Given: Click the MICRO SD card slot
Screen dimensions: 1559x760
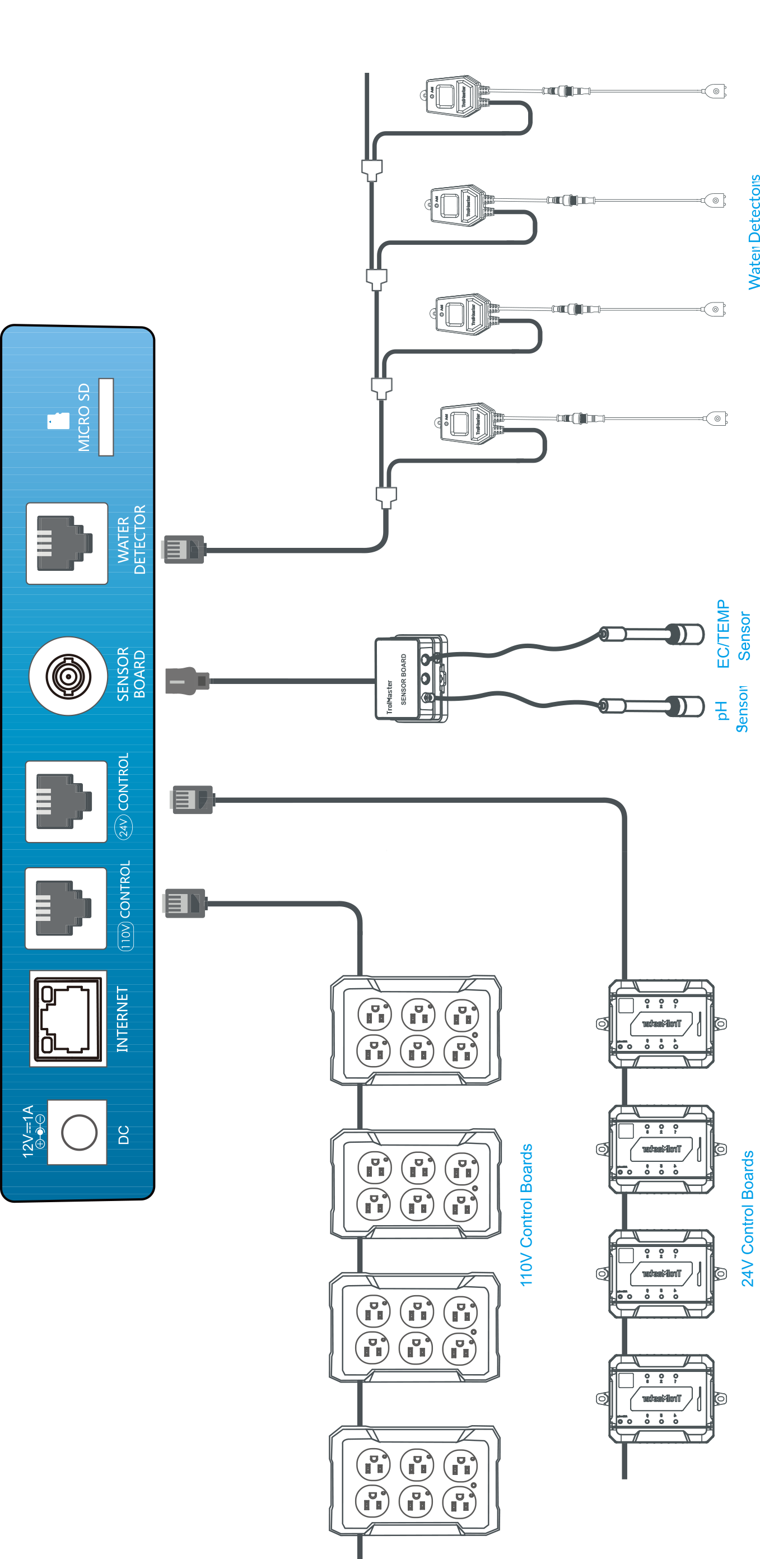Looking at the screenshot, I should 106,417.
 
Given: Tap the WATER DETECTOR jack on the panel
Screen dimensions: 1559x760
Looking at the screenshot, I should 67,543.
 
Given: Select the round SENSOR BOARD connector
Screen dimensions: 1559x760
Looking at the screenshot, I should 68,676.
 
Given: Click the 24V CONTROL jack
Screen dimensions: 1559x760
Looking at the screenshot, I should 66,801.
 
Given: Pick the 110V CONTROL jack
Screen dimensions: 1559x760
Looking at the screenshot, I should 66,908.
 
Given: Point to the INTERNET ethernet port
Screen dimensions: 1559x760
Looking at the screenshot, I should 68,1018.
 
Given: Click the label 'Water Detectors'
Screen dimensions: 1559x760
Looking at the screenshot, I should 753,232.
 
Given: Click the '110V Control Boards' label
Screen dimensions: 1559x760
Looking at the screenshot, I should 526,1215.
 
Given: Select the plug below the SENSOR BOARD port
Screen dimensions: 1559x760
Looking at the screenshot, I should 187,681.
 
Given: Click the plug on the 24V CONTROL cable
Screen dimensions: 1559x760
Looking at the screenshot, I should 193,799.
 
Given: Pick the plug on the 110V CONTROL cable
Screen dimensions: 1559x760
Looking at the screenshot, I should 185,904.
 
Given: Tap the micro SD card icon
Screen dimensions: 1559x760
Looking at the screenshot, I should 59,421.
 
